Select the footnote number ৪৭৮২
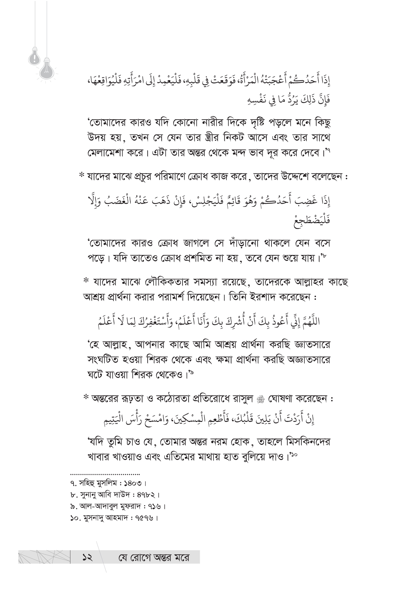pyautogui.click(x=145, y=495)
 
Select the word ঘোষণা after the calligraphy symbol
pyautogui.click(x=280, y=399)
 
